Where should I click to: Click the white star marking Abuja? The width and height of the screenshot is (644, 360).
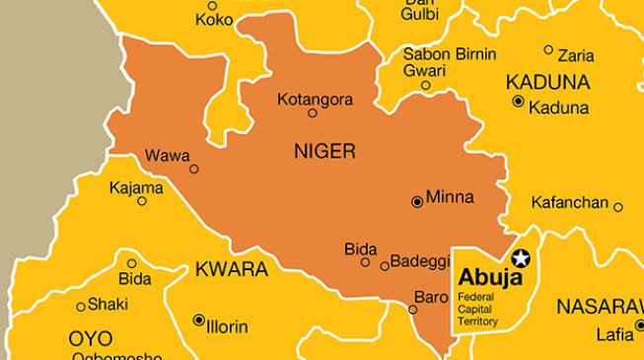520,257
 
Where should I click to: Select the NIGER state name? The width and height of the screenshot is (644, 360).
324,151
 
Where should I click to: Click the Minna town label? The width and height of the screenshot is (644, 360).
450,197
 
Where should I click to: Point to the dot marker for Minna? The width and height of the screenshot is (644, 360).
417,201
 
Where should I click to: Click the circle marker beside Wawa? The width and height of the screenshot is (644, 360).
194,169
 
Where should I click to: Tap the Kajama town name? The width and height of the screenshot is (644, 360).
136,186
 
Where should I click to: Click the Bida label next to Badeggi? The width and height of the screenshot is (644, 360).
360,249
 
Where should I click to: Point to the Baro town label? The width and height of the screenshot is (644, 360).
431,296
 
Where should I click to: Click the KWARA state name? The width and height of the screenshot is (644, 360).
232,269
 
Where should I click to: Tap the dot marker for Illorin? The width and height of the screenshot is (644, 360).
198,320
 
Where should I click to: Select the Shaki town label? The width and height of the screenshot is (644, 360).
107,304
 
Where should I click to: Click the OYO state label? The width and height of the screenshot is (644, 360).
90,338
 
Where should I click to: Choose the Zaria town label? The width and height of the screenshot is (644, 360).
575,55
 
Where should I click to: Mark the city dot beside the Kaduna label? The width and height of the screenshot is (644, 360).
518,101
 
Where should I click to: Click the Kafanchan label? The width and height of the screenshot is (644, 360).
569,202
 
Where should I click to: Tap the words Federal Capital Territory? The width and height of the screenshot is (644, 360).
478,308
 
